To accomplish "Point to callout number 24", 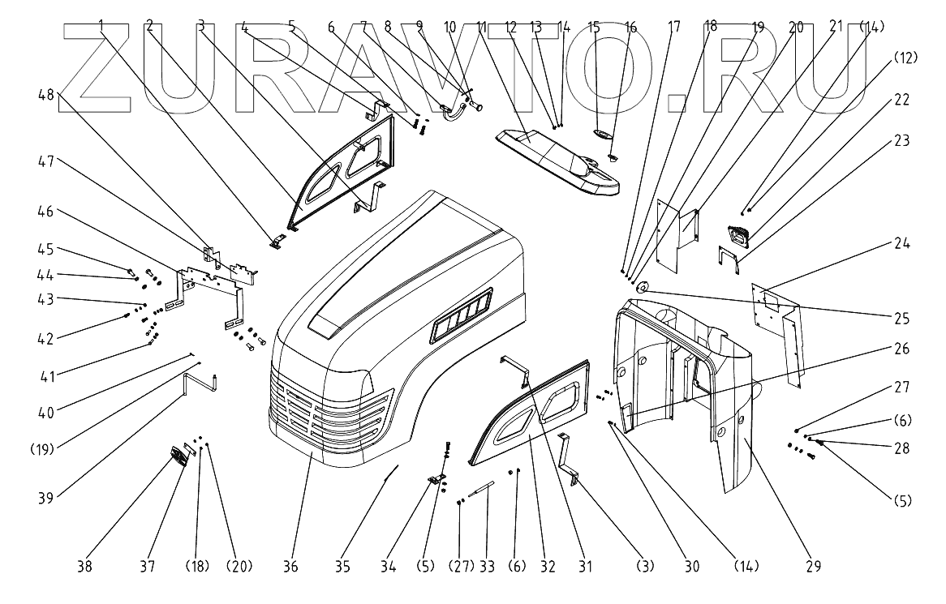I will pyautogui.click(x=901, y=242).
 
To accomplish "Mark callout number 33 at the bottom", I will pyautogui.click(x=487, y=566).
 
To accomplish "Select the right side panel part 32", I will pyautogui.click(x=527, y=413).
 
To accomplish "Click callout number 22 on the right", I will pyautogui.click(x=901, y=101).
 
